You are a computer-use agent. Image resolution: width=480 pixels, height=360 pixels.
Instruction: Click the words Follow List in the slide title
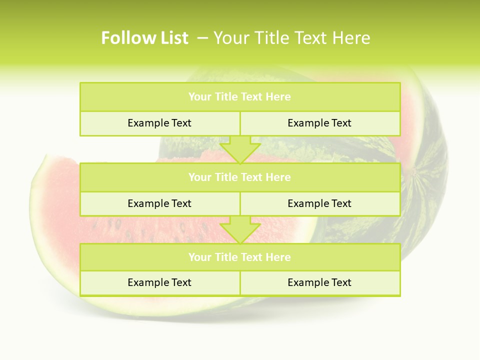point(144,38)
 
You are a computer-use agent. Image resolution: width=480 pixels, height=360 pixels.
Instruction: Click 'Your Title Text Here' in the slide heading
point(291,38)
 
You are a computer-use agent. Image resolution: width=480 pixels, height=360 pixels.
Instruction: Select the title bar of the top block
point(240,97)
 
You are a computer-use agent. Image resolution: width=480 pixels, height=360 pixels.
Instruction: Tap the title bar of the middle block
point(240,177)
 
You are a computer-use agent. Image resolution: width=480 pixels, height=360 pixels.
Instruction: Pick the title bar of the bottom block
point(240,257)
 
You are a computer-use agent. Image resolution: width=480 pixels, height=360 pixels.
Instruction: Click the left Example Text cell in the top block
point(159,123)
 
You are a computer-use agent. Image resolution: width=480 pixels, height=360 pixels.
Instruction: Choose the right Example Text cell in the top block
point(319,123)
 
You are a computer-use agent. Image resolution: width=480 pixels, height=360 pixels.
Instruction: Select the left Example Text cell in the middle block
point(159,203)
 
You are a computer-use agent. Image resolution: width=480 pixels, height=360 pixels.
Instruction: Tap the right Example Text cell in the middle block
point(319,203)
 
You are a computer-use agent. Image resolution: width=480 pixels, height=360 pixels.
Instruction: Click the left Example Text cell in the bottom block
point(159,282)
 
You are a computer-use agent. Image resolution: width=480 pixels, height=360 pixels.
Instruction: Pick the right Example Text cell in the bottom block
point(319,282)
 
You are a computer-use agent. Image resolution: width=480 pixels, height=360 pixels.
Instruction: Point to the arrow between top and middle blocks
point(240,149)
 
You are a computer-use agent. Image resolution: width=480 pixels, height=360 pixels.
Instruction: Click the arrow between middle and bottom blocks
point(240,230)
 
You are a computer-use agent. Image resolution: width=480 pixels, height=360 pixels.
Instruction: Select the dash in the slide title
point(202,38)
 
